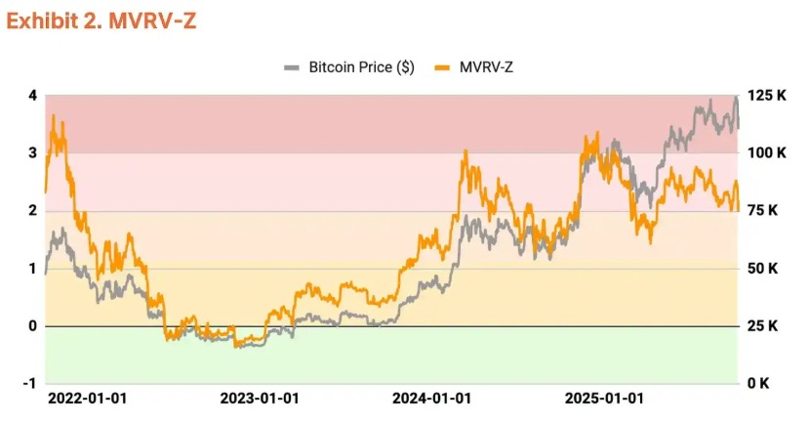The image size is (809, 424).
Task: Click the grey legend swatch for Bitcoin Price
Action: pyautogui.click(x=292, y=67)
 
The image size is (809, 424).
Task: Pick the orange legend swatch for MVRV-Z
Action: pyautogui.click(x=442, y=67)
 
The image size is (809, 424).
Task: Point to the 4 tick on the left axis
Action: pyautogui.click(x=32, y=96)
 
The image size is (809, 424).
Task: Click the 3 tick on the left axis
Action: pyautogui.click(x=32, y=153)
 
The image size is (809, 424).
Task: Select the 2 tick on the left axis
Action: pyautogui.click(x=32, y=211)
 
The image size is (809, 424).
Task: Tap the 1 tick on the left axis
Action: pyautogui.click(x=32, y=269)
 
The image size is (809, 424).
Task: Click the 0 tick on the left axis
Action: pyautogui.click(x=32, y=326)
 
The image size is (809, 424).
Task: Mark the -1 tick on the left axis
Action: pyautogui.click(x=29, y=384)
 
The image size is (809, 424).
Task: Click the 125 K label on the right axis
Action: pyautogui.click(x=766, y=96)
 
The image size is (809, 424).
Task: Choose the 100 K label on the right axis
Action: pyautogui.click(x=766, y=153)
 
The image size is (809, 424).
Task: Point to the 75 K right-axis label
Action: pyautogui.click(x=762, y=211)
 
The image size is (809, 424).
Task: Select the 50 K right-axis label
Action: pyautogui.click(x=762, y=269)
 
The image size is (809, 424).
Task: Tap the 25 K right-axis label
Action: pyautogui.click(x=762, y=326)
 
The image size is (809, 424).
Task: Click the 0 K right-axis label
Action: pyautogui.click(x=758, y=384)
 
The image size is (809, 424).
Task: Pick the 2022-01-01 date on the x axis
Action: pyautogui.click(x=87, y=400)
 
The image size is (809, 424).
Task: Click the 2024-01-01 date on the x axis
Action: pyautogui.click(x=431, y=400)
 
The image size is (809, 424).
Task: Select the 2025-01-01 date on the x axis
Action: pyautogui.click(x=605, y=400)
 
